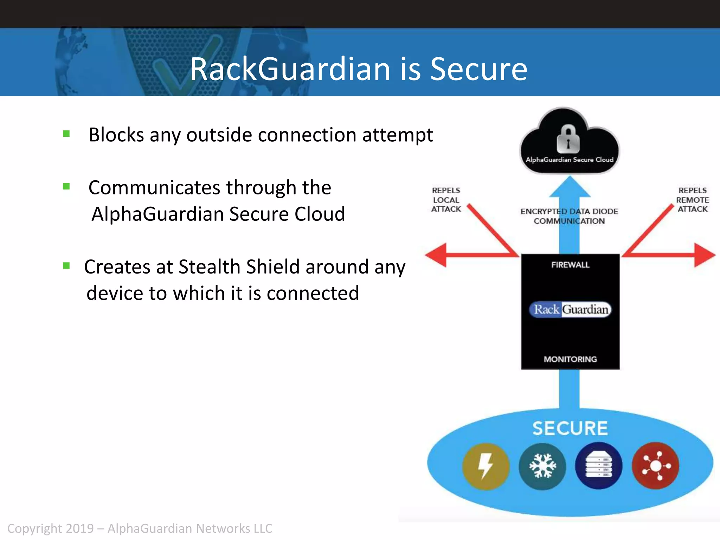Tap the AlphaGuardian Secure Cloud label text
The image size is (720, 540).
coord(570,160)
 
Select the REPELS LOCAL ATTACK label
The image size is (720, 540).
coord(446,200)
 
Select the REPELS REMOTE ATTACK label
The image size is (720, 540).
coord(692,200)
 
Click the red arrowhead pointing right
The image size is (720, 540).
coord(704,255)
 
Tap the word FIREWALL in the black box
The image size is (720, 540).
coord(570,265)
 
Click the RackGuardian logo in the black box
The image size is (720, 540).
coord(570,309)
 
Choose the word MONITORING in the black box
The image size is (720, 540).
coord(570,359)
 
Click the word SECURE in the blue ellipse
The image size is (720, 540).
coord(570,428)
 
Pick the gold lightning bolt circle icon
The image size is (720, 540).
coord(486,466)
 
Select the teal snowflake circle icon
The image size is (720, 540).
coord(542,466)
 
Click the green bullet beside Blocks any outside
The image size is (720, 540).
coord(66,134)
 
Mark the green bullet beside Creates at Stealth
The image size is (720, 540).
coord(66,265)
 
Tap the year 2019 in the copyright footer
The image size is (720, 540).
coord(79,528)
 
